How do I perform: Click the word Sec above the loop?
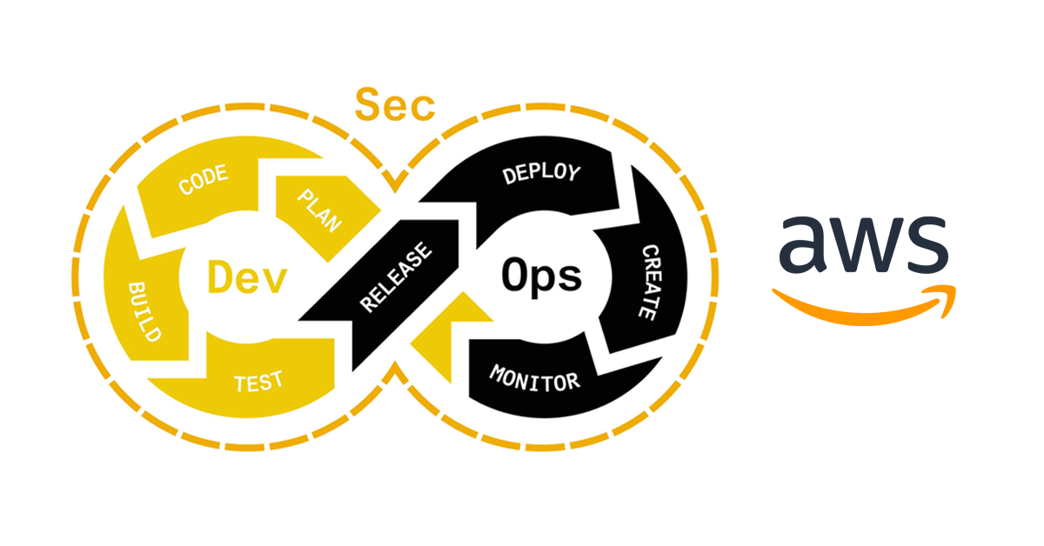pos(394,105)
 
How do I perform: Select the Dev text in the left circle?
pos(247,276)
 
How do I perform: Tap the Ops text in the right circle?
pos(540,276)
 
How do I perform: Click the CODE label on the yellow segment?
pos(203,180)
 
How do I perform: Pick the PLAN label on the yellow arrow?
pos(319,209)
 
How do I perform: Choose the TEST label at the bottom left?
pos(258,381)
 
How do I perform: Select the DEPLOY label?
pos(539,174)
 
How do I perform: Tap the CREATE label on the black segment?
pos(650,283)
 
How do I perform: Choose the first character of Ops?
pos(514,274)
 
